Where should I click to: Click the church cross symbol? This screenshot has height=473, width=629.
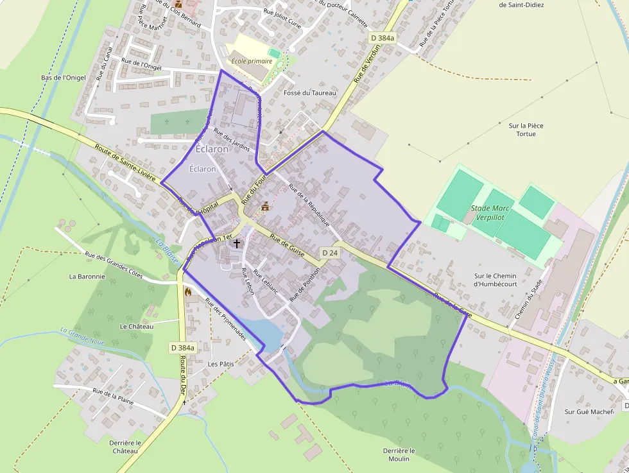tap(237, 243)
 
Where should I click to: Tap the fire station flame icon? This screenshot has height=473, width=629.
tap(188, 292)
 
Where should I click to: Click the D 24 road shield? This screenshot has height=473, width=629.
tap(329, 253)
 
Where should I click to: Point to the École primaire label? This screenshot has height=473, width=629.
tap(252, 61)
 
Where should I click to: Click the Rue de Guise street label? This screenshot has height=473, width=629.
tap(288, 246)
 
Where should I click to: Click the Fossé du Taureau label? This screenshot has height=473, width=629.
tap(309, 93)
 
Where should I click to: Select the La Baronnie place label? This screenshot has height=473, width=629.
tap(87, 277)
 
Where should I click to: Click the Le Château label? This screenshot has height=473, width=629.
tap(137, 326)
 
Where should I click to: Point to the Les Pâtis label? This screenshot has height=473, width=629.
tap(221, 363)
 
